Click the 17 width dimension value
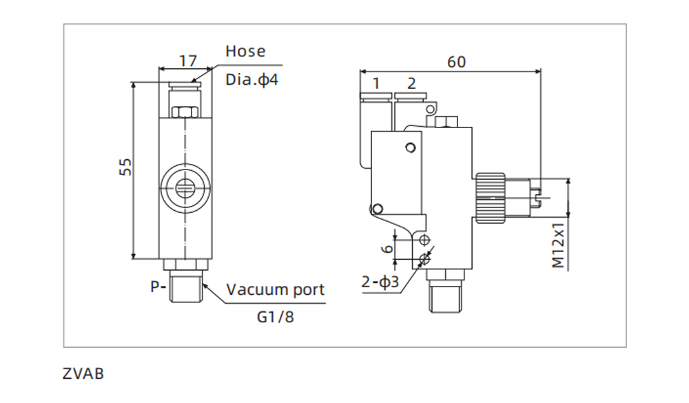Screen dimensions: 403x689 pyautogui.click(x=187, y=61)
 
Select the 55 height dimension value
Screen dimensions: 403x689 pyautogui.click(x=125, y=167)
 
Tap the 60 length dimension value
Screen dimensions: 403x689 pyautogui.click(x=456, y=62)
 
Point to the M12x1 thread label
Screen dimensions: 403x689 pyautogui.click(x=559, y=245)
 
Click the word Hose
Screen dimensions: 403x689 pyautogui.click(x=245, y=52)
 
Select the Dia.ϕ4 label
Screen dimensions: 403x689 pyautogui.click(x=251, y=79)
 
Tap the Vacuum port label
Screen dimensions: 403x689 pyautogui.click(x=276, y=289)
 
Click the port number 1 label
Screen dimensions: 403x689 pyautogui.click(x=376, y=84)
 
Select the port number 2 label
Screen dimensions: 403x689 pyautogui.click(x=411, y=84)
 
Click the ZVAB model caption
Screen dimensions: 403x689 pyautogui.click(x=83, y=375)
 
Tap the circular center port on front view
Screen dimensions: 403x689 pyautogui.click(x=185, y=187)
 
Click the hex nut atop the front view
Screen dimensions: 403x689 pyautogui.click(x=185, y=112)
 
